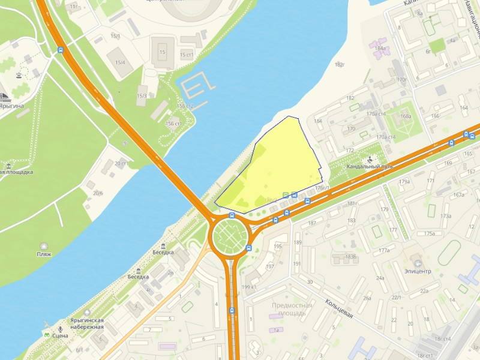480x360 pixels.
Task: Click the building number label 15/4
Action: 121,62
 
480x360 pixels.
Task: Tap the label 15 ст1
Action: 187,55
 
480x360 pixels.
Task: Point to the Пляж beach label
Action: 44,254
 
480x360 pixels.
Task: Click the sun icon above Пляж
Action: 44,245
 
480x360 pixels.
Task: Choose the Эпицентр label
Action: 418,271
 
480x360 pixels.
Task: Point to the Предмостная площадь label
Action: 292,309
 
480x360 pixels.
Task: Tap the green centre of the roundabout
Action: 229,236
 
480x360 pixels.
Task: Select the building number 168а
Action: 406,116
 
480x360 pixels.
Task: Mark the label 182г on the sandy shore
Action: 340,65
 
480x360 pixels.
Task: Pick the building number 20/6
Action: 98,193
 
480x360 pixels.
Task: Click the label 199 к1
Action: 248,287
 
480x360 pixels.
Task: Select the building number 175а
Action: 430,233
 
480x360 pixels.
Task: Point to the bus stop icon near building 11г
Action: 61,50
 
